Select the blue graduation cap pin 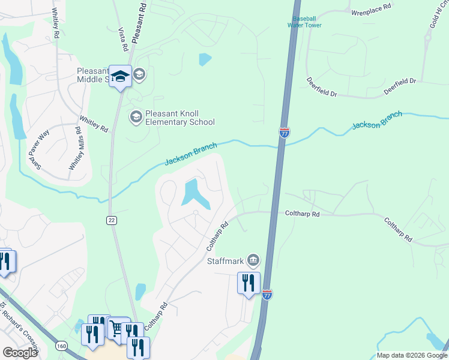120,77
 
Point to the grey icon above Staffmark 253,259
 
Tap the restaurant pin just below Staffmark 249,283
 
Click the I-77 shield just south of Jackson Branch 285,133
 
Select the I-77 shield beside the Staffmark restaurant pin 268,294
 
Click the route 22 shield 111,220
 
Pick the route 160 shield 61,346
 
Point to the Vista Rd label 123,38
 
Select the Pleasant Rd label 139,21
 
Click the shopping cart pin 117,328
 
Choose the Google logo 20,353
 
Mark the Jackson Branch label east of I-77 376,121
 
